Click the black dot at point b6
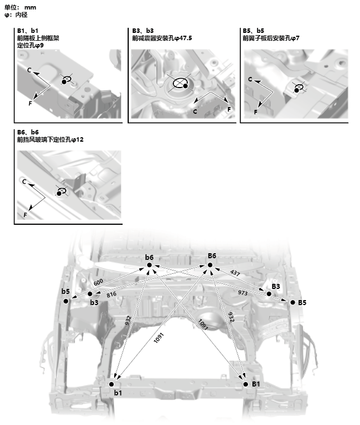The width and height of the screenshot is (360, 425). (149, 265)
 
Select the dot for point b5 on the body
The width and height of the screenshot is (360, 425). (66, 301)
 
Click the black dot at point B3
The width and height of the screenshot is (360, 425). (269, 293)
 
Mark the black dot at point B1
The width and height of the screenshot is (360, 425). (245, 384)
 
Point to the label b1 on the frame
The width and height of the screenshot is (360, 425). (118, 393)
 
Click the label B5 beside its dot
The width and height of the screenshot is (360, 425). (302, 302)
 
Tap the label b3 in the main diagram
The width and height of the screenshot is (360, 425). (94, 302)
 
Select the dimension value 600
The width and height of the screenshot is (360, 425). (98, 283)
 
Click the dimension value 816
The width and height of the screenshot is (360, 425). (111, 294)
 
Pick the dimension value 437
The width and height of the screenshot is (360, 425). (236, 273)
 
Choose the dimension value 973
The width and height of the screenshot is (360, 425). (243, 292)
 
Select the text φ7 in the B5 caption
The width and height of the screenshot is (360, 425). (295, 38)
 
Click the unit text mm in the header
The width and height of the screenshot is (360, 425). (30, 7)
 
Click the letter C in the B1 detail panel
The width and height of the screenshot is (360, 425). (29, 71)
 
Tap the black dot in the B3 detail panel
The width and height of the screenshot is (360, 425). (186, 86)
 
